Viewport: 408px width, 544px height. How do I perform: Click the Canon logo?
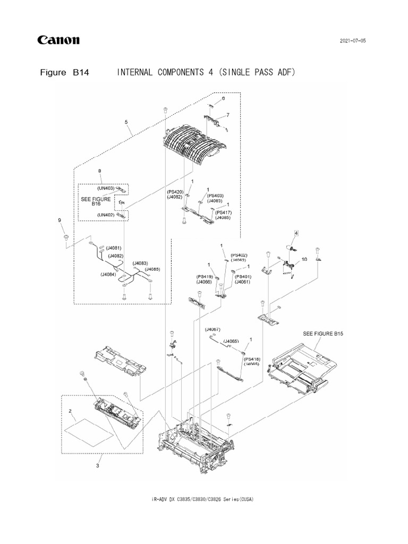tap(58, 40)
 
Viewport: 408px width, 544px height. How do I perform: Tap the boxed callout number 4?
tap(296, 233)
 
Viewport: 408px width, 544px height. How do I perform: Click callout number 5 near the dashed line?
tap(126, 122)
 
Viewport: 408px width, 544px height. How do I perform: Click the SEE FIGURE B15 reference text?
tap(323, 334)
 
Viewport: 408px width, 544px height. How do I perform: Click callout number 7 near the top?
tap(227, 115)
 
